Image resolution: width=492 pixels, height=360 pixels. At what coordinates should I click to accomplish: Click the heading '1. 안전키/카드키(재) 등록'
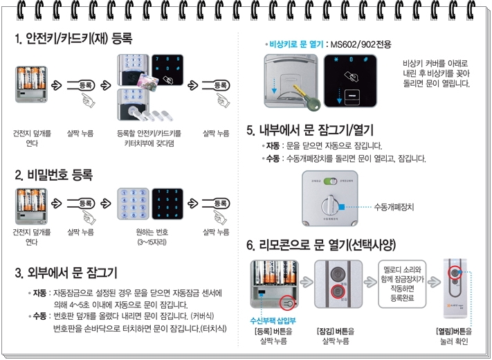point(73,37)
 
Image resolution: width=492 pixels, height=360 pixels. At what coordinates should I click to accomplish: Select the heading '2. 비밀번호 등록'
point(54,174)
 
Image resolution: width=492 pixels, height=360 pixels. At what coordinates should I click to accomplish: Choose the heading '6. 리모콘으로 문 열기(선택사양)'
point(322,245)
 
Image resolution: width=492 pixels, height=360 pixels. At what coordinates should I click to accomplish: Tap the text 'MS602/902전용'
point(361,44)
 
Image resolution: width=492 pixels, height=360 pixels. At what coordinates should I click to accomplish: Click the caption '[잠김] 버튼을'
point(335,332)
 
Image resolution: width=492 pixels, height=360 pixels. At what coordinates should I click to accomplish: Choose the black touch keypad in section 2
point(167,204)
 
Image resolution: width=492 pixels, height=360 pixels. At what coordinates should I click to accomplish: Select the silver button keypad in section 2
point(132,204)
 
